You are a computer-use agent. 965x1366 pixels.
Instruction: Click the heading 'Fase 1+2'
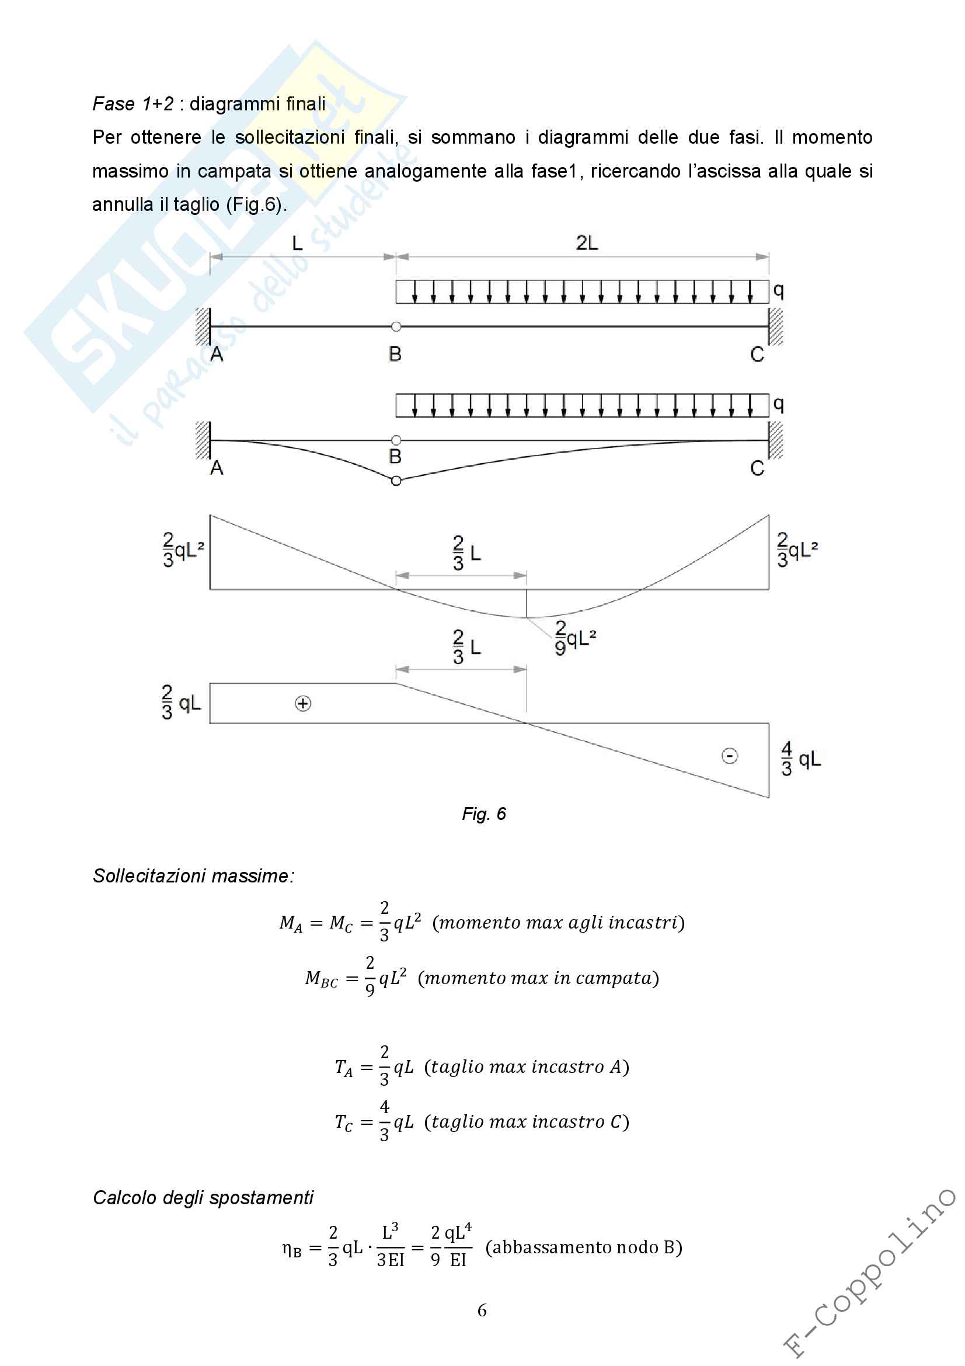pos(133,104)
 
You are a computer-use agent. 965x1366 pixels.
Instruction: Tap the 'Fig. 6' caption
pos(483,814)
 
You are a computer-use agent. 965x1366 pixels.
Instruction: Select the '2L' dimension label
pos(587,244)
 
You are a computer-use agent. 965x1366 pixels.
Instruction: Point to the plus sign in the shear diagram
pos(303,704)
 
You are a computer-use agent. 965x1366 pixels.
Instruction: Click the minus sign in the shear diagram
pos(730,756)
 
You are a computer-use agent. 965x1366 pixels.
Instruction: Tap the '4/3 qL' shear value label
pos(800,759)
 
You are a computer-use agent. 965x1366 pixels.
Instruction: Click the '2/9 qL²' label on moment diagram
pos(574,638)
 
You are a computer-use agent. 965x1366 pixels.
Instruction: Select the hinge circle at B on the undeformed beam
pos(396,326)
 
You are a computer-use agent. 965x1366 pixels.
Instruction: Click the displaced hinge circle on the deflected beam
pos(396,481)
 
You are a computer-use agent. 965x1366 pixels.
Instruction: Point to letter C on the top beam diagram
pos(757,354)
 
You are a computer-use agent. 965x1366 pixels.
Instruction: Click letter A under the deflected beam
pos(217,468)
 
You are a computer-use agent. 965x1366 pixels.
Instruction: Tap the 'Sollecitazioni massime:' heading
pos(193,876)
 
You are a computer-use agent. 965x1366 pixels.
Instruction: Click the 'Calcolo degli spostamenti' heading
pos(203,1198)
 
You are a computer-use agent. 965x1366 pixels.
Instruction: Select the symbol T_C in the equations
pos(344,1122)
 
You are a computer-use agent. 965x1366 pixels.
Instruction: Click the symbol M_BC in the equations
pos(321,979)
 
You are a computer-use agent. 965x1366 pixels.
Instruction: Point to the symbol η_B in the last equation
pos(291,1248)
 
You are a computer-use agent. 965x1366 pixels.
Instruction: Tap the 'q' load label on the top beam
pos(778,290)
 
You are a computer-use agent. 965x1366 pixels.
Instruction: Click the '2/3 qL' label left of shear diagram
pos(181,703)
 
